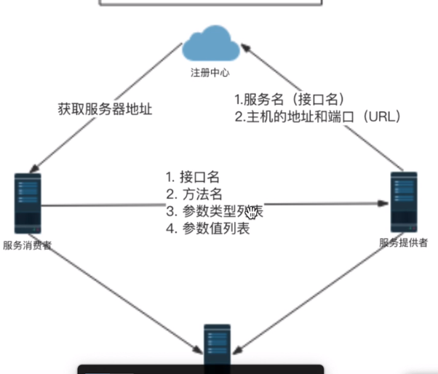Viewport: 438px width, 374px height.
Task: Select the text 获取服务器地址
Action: click(x=105, y=109)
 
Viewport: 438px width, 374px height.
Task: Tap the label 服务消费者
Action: click(x=28, y=246)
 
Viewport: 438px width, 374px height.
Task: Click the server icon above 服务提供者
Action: click(x=404, y=201)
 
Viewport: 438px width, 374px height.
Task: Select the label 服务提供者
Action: click(x=403, y=241)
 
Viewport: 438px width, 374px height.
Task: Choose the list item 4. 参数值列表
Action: click(x=207, y=229)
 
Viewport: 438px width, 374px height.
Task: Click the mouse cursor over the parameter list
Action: click(x=252, y=212)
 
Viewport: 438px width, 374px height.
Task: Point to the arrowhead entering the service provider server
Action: click(x=383, y=205)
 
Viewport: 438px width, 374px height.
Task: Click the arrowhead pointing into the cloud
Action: click(x=247, y=47)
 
